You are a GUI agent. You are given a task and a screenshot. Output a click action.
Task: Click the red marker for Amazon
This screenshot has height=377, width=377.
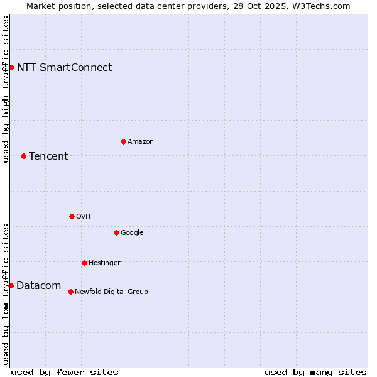[x=123, y=141]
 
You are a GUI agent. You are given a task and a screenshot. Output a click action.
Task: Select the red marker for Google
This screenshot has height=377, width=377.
[x=116, y=232]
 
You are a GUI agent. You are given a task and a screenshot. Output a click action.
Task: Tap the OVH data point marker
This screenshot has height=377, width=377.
[x=72, y=216]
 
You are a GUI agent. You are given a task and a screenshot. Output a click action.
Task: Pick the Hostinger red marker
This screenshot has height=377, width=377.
[x=84, y=263]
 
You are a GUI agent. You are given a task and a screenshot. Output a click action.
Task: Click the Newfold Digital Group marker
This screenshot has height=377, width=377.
[x=70, y=292]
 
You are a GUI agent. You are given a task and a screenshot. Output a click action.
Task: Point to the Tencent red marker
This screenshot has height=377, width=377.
[x=23, y=156]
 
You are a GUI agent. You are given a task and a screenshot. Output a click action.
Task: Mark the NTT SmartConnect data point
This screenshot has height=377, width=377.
[x=11, y=67]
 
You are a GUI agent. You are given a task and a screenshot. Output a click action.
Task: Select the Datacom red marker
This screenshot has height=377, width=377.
[x=11, y=285]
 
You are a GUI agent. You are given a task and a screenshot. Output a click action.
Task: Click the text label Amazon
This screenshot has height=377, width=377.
[x=141, y=142]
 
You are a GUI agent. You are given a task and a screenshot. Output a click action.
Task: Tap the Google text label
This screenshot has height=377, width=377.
[x=132, y=233]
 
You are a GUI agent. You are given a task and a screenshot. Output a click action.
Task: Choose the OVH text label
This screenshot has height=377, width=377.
[x=84, y=217]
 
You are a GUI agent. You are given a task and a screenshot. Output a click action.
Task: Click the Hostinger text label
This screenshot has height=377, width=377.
[x=104, y=263]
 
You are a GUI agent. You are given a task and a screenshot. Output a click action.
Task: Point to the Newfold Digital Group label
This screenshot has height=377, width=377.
[x=111, y=292]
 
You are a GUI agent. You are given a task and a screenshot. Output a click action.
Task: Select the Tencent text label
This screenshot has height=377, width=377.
[x=48, y=156]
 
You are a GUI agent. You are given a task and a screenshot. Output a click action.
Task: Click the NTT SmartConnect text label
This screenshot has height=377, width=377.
[x=64, y=68]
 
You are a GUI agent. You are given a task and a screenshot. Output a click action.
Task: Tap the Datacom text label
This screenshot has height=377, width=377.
[x=38, y=286]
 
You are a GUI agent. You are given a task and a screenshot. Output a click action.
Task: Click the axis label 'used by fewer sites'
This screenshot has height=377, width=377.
[x=65, y=372]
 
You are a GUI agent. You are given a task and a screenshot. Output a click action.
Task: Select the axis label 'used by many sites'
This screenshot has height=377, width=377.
[x=315, y=372]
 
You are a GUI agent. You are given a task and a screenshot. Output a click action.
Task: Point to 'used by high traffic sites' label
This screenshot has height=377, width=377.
[x=6, y=89]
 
